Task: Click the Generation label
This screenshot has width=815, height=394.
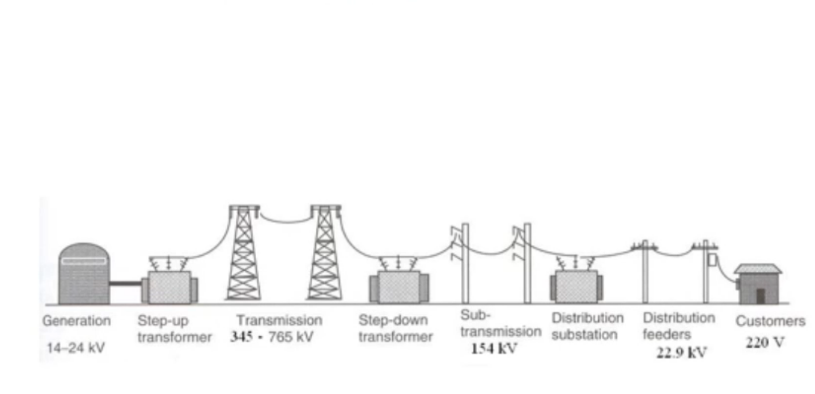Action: coord(77,321)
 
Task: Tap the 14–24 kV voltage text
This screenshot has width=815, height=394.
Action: coord(75,348)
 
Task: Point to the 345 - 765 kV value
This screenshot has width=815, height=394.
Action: coord(271,337)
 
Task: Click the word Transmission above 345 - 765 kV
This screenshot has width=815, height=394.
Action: coord(279,320)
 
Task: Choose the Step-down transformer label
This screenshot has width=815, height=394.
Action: coord(395,328)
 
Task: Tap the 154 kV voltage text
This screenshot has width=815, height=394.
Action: coord(494,349)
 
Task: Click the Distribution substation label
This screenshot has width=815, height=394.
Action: coord(587,326)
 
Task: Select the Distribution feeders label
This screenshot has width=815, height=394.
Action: coord(678,326)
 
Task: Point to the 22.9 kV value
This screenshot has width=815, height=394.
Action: coord(681,353)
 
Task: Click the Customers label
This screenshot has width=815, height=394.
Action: coord(770,322)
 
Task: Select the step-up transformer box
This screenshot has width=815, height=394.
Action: coord(169,287)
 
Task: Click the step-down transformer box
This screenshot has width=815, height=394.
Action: coord(399,287)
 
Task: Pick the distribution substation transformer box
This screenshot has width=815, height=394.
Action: coord(576,286)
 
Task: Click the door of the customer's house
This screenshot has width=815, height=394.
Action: coord(760,295)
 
